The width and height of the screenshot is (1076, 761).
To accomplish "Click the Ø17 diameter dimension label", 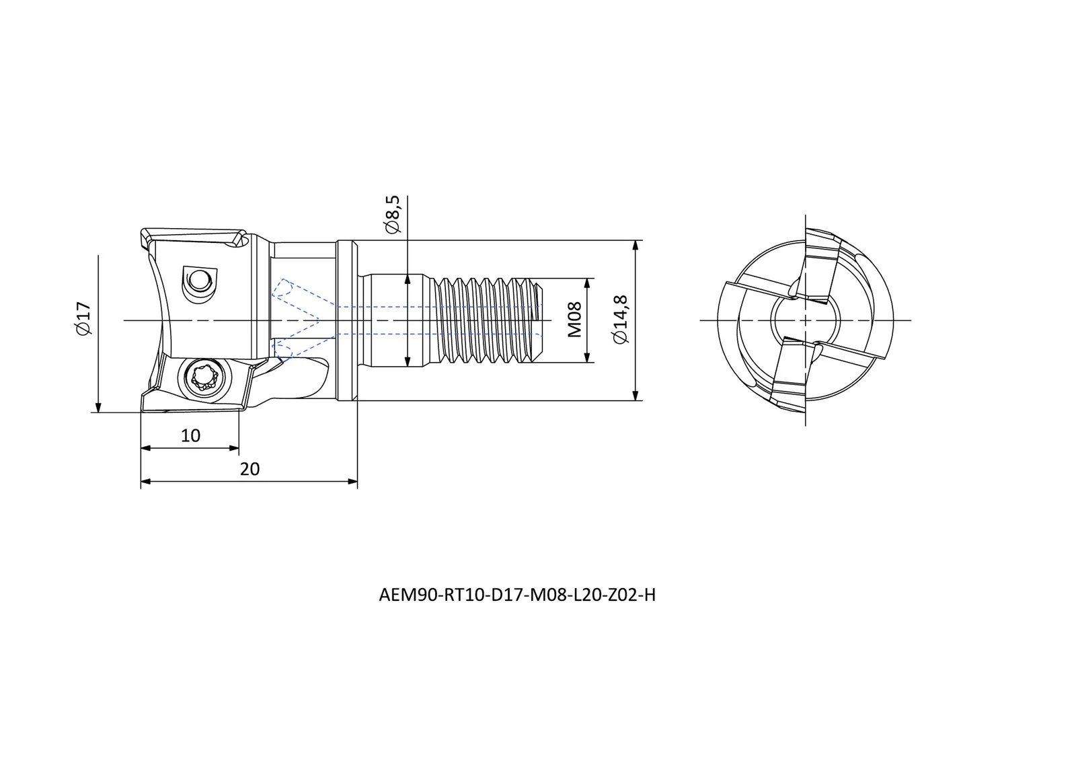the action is pyautogui.click(x=83, y=318).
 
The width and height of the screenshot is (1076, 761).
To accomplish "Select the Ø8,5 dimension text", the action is pyautogui.click(x=393, y=214).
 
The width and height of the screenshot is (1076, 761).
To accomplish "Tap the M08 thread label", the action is pyautogui.click(x=574, y=320).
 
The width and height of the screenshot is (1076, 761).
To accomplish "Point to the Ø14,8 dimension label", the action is pyautogui.click(x=620, y=320).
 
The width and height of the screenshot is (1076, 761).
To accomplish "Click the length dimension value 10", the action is pyautogui.click(x=190, y=435).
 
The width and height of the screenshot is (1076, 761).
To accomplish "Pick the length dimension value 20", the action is pyautogui.click(x=249, y=469).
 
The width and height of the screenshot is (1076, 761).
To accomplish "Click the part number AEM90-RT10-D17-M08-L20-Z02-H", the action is pyautogui.click(x=517, y=595).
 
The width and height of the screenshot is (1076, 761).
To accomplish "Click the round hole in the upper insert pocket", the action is pyautogui.click(x=198, y=279).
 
